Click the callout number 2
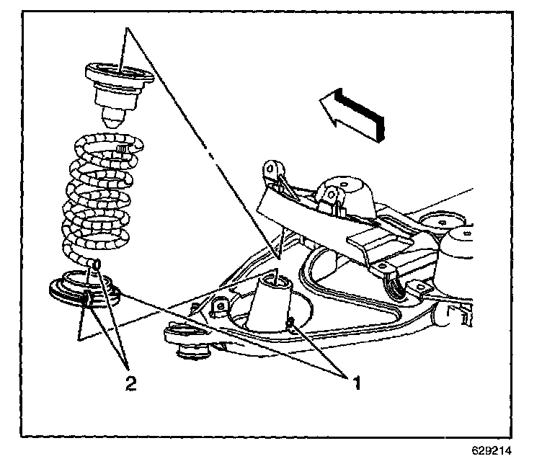[x=130, y=383]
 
